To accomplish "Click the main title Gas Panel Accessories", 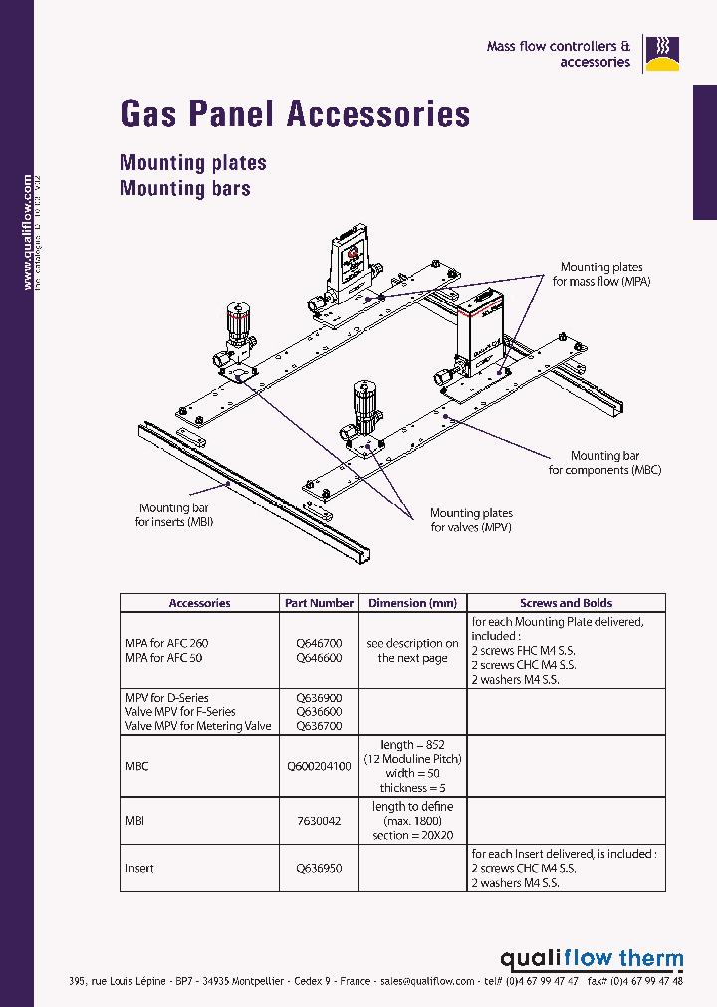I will [x=295, y=113].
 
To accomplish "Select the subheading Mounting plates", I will [x=193, y=162].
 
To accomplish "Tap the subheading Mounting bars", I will [x=185, y=188].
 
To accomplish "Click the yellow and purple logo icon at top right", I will [x=660, y=54].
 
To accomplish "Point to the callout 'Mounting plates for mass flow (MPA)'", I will [x=600, y=274].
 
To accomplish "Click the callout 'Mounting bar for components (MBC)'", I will [x=604, y=463].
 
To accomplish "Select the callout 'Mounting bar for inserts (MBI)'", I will [x=174, y=514].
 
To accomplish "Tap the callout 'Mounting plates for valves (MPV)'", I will [x=471, y=520].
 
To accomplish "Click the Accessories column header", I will [x=199, y=603].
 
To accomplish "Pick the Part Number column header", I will [x=319, y=603].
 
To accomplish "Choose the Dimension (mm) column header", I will [x=412, y=603].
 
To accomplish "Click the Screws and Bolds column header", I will [x=566, y=603].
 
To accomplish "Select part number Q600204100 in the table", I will [x=319, y=766].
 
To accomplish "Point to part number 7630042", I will [x=319, y=821].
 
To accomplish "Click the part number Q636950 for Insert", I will [x=319, y=868].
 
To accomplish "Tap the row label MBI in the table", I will [x=135, y=821].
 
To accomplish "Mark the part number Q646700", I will [x=319, y=644].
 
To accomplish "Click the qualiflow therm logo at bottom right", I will [x=592, y=959].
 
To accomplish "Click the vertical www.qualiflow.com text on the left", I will [x=28, y=233].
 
